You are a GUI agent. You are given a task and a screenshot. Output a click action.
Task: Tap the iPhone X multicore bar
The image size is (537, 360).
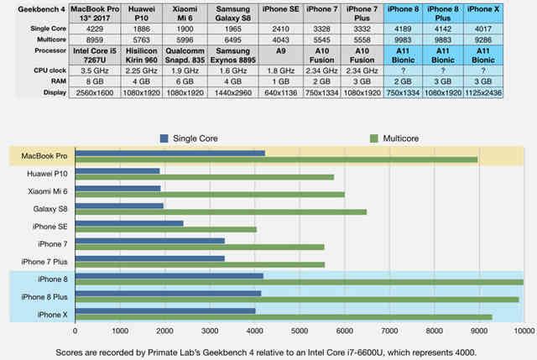(284, 316)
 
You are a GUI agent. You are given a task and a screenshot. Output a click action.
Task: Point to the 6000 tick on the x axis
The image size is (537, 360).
(344, 332)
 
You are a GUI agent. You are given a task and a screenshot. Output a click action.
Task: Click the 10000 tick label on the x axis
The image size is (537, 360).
(522, 332)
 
